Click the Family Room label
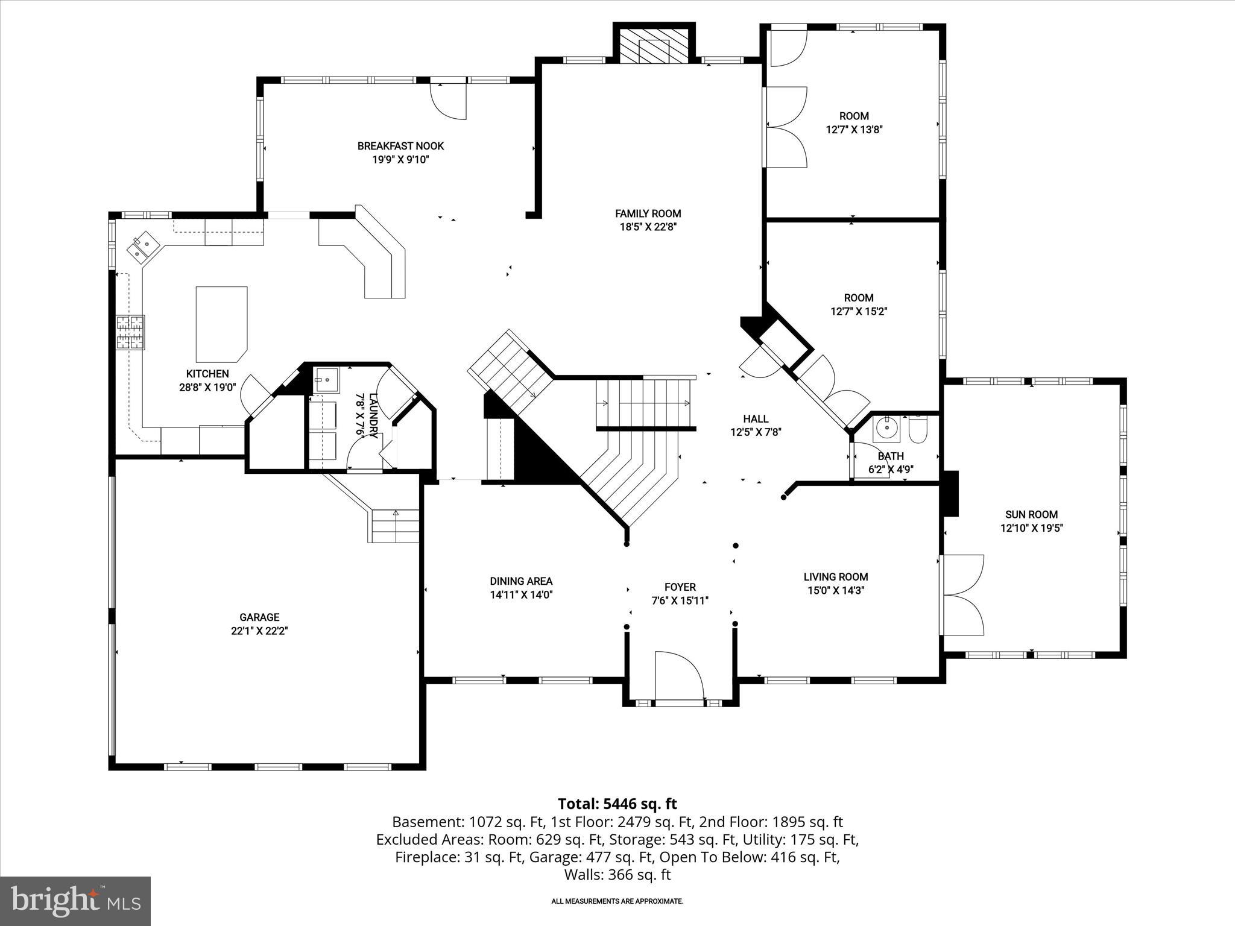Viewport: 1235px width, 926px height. [x=648, y=213]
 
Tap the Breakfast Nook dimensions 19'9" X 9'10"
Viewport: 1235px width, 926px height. [x=400, y=160]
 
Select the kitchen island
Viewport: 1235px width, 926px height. [x=221, y=324]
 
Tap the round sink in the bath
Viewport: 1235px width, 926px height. [x=886, y=428]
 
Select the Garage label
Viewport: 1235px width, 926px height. [x=259, y=617]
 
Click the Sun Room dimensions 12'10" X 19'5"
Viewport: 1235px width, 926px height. [x=1031, y=528]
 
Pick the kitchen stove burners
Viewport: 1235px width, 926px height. [x=130, y=332]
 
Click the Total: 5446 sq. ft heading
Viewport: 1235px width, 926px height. [x=617, y=804]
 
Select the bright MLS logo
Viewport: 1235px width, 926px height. [x=75, y=901]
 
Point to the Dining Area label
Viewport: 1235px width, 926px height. [x=521, y=581]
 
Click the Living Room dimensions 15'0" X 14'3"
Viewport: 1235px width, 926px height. [x=836, y=591]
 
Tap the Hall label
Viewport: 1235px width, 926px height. [x=756, y=418]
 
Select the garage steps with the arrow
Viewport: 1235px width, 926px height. [x=394, y=526]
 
